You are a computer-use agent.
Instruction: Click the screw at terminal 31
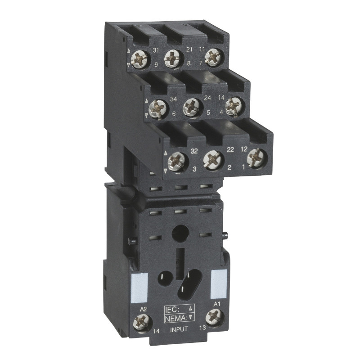144,58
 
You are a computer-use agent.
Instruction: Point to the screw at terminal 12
256,157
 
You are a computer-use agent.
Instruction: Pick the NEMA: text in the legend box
175,317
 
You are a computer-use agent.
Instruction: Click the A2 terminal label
144,309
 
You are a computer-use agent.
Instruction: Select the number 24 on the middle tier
208,98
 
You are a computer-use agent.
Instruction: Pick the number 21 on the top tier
189,49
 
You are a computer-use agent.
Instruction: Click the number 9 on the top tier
156,65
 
